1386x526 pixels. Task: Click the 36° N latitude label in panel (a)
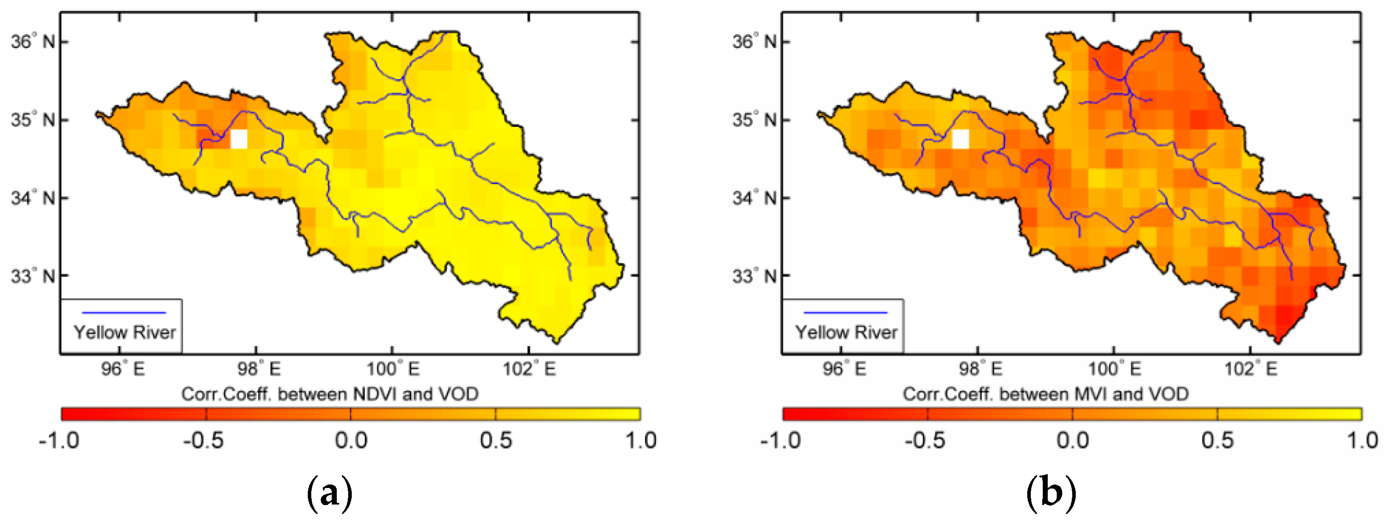[x=33, y=41]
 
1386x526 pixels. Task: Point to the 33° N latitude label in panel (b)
[x=754, y=276]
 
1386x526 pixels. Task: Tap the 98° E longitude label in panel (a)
[x=259, y=370]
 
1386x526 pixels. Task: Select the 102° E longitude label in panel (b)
[x=1251, y=370]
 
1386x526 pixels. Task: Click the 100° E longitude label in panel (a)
[x=393, y=370]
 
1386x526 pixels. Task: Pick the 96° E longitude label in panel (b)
[x=844, y=370]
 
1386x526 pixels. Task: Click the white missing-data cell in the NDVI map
[x=239, y=139]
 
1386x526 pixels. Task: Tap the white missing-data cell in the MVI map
[x=960, y=139]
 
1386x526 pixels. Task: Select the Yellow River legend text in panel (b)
[x=846, y=332]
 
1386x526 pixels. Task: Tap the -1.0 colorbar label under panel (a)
[x=59, y=441]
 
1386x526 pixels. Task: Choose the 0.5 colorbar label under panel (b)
[x=1217, y=441]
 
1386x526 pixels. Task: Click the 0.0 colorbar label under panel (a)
[x=351, y=441]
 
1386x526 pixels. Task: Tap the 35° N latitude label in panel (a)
[x=33, y=119]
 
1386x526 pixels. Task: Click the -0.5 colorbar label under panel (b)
[x=925, y=441]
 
